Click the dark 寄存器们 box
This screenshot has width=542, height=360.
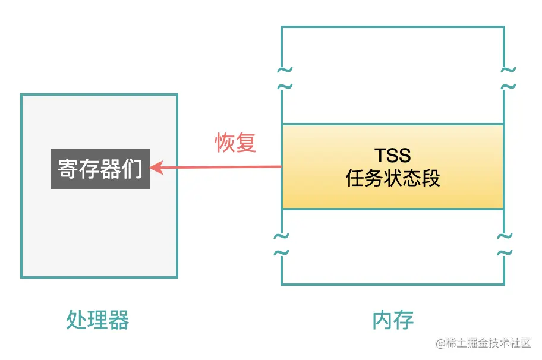[100, 169]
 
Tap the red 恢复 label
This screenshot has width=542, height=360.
[235, 143]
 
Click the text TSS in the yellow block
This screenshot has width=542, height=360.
[392, 156]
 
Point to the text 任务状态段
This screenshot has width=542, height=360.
[392, 178]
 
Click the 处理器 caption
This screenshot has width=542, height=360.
[97, 320]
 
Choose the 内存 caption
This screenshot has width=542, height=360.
[393, 320]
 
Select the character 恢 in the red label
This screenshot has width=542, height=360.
[225, 143]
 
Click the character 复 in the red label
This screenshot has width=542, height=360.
[246, 143]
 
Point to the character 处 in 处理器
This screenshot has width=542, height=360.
[75, 320]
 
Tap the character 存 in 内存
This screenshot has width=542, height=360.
[404, 320]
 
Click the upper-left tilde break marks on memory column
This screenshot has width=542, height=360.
[284, 78]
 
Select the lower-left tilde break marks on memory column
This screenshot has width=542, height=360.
[281, 244]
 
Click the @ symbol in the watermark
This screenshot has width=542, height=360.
[440, 344]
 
